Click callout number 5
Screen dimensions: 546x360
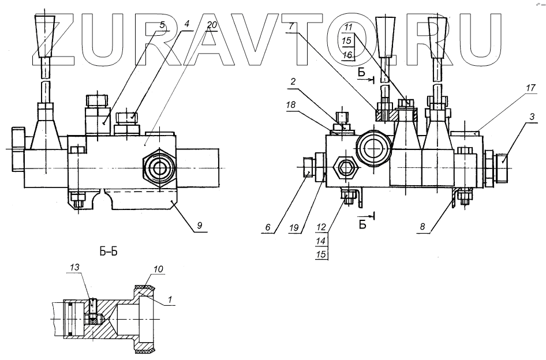tap(163, 25)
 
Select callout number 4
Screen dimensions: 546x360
tap(187, 25)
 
